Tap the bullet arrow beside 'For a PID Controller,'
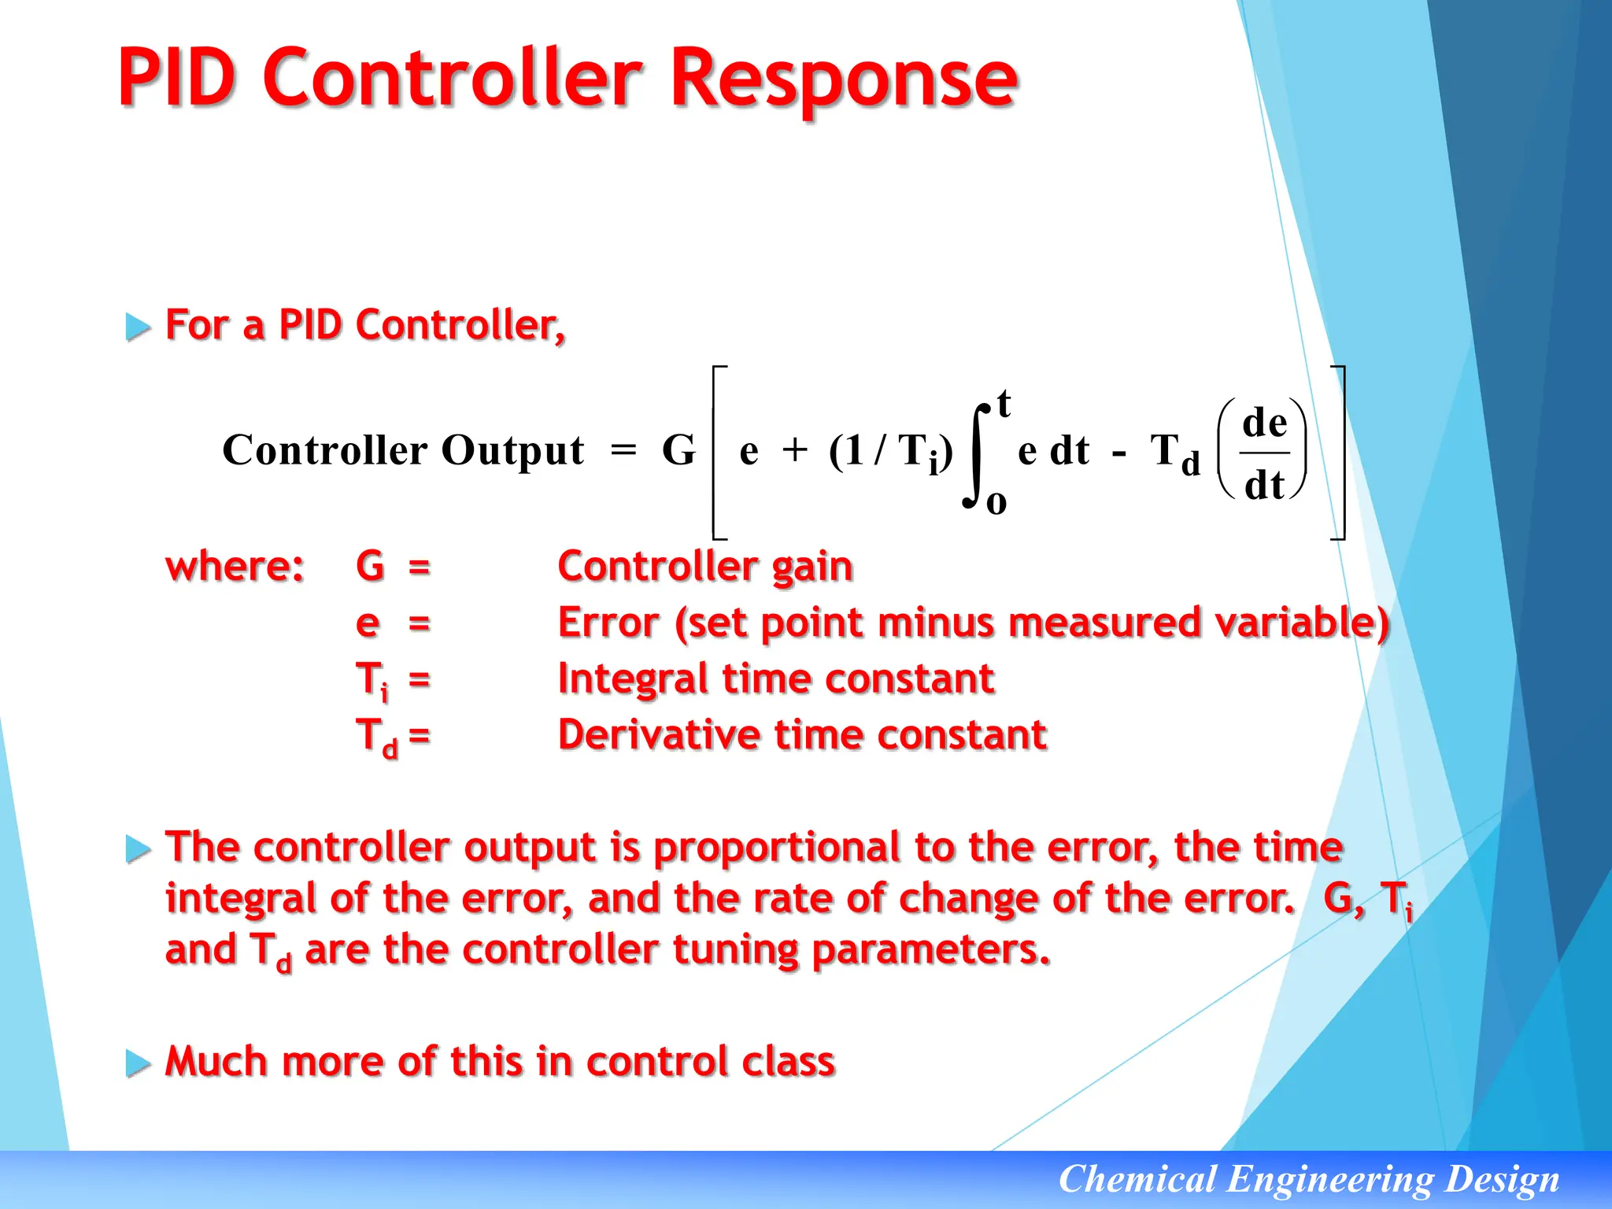(x=138, y=326)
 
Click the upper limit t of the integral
(x=1004, y=404)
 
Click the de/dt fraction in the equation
(x=1264, y=453)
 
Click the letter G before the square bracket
(x=678, y=450)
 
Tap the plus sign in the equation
(x=795, y=450)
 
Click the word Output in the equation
(x=512, y=451)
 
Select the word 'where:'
(x=235, y=566)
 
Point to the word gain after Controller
(x=812, y=568)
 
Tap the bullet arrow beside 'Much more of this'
(x=138, y=1063)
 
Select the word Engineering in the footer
(x=1329, y=1179)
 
